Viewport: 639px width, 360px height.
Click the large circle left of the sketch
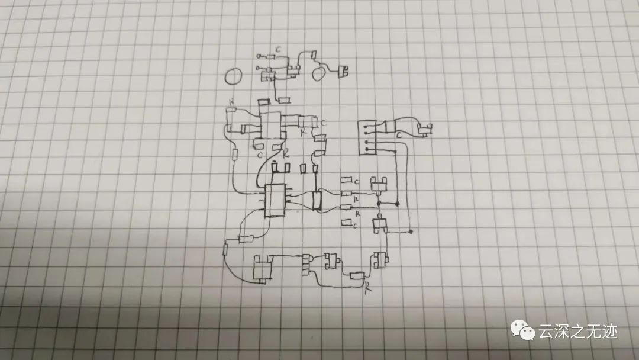234,76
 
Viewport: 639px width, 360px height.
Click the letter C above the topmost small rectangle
279,49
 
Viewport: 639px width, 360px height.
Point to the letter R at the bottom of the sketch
367,288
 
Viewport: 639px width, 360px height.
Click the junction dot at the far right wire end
411,230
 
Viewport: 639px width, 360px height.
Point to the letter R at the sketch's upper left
231,104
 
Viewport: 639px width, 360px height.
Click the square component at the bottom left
261,269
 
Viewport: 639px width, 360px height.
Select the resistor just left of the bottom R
357,276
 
